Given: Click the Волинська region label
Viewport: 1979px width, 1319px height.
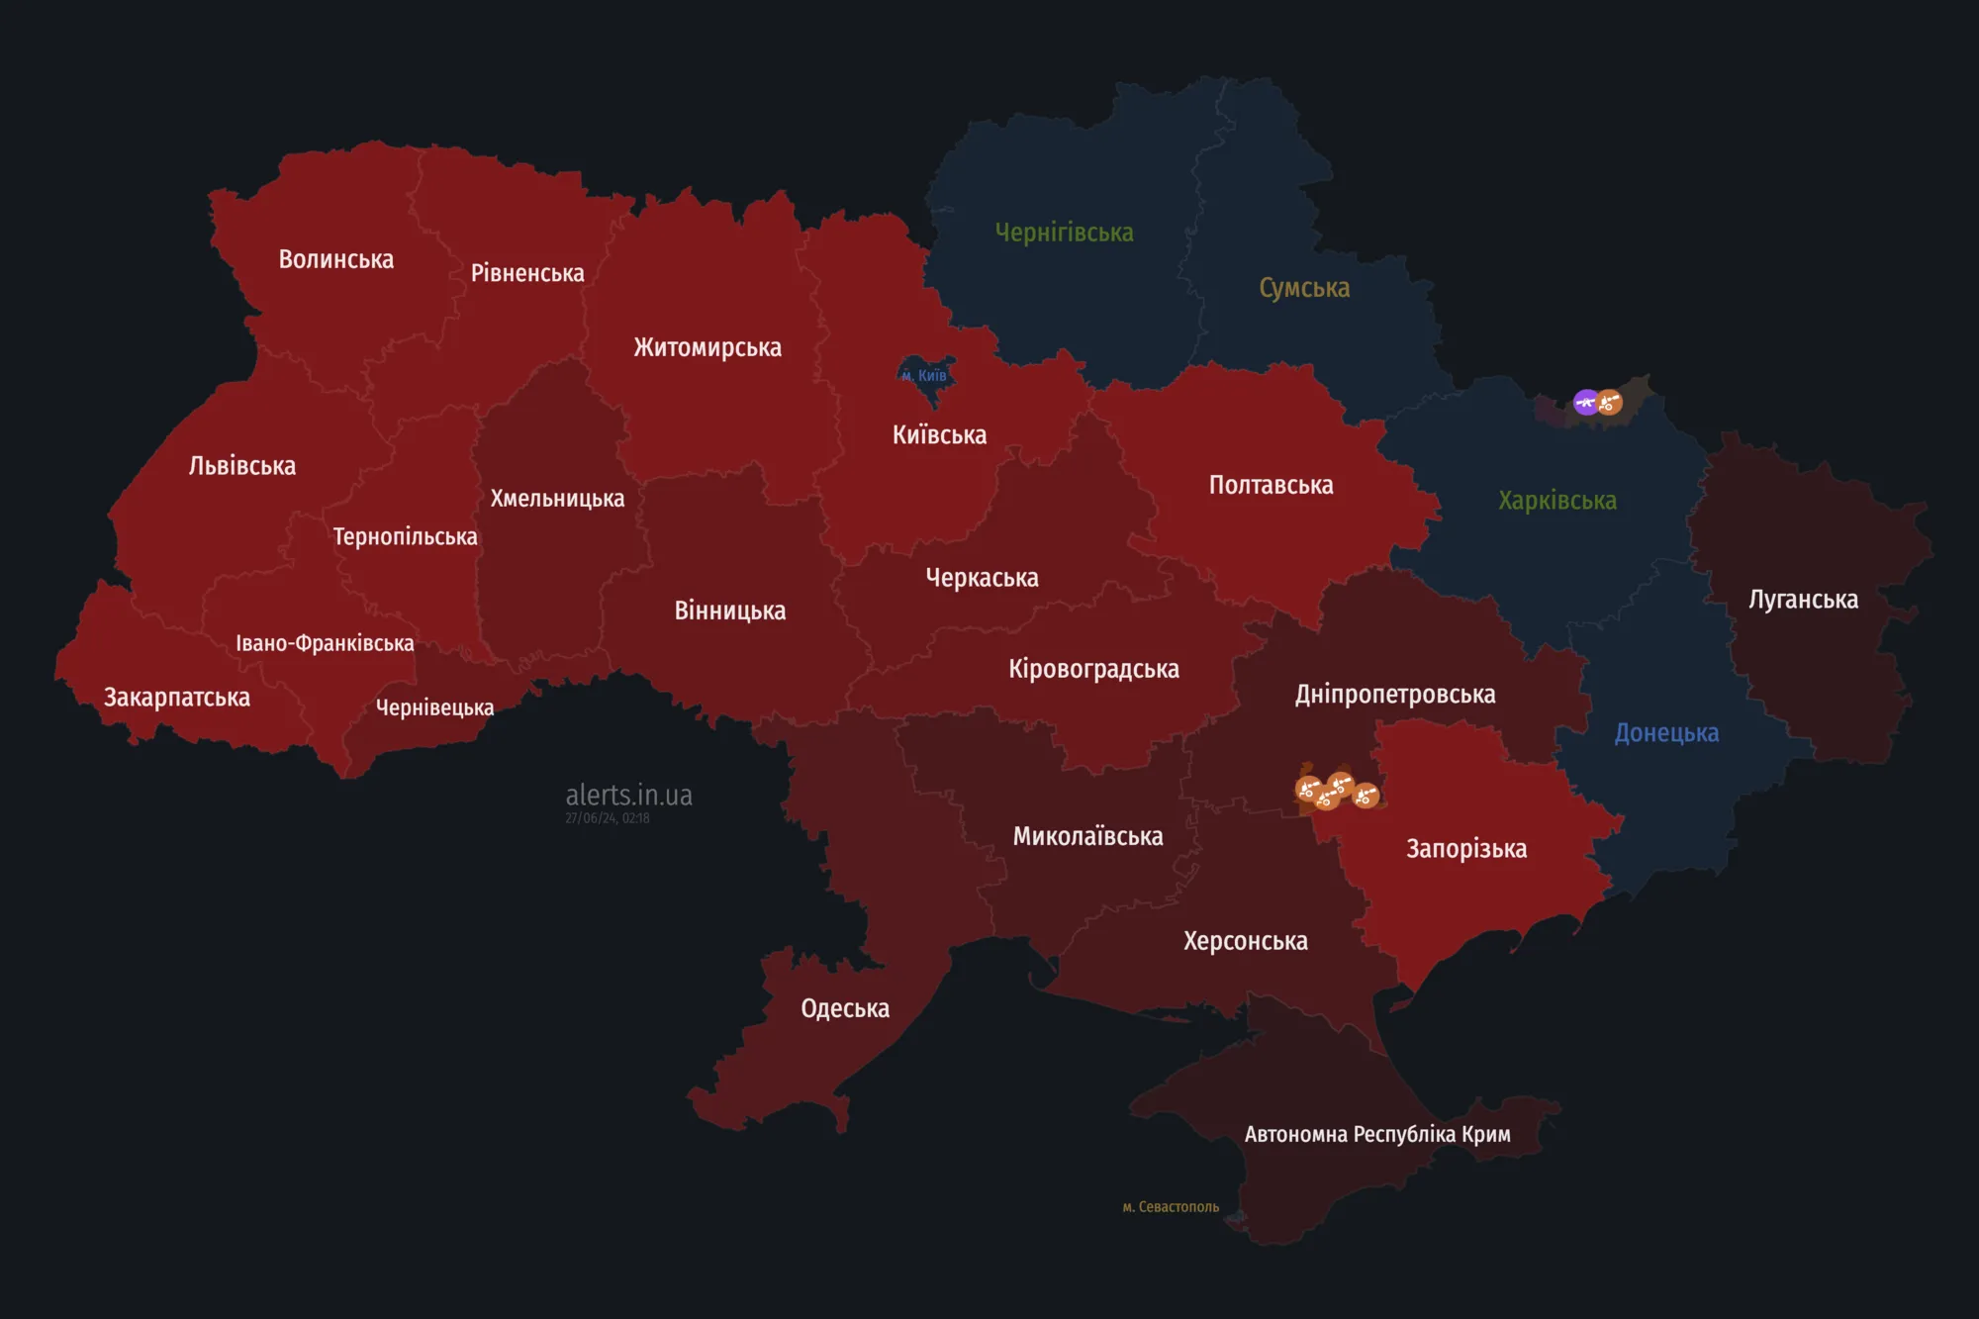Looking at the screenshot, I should point(335,259).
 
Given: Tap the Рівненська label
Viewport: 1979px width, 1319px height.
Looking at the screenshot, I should point(527,273).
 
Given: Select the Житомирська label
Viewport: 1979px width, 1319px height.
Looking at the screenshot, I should point(707,347).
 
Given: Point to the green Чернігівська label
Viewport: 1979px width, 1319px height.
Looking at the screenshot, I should point(1064,233).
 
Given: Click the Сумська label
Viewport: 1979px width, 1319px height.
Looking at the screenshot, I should point(1304,288).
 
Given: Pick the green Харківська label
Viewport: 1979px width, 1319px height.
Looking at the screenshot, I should point(1556,501).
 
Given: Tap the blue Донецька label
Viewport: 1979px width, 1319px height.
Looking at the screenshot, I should point(1666,733).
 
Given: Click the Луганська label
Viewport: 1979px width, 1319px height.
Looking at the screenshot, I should point(1803,600).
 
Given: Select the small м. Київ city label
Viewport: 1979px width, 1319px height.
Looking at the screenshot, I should point(924,376).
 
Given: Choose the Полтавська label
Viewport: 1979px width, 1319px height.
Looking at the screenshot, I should point(1271,486).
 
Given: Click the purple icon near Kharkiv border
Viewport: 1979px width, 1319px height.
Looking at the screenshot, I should point(1586,402).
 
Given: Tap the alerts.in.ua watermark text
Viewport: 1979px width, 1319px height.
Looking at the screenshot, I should point(628,795).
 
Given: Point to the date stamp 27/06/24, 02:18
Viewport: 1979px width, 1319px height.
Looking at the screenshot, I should point(608,818).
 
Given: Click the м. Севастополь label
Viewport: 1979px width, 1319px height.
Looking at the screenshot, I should point(1171,1207).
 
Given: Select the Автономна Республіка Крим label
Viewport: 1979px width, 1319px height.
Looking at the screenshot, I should point(1376,1134).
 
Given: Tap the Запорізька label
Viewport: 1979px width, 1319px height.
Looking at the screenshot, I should point(1466,849).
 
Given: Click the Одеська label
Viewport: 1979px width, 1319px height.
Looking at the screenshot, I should point(845,1008).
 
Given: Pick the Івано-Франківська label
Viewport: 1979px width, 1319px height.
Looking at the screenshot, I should point(325,643).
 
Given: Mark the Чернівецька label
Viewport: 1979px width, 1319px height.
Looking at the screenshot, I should point(434,707).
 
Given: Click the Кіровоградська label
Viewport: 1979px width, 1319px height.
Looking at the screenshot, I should point(1093,669).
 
